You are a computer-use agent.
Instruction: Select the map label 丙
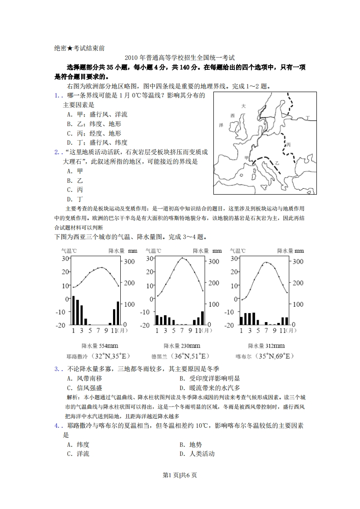click(288, 145)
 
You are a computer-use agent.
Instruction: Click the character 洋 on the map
click(222, 124)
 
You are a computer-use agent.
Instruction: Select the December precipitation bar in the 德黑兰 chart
click(202, 318)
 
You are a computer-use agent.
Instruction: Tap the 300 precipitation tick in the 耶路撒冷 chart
click(129, 262)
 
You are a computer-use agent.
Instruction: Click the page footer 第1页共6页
click(180, 475)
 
